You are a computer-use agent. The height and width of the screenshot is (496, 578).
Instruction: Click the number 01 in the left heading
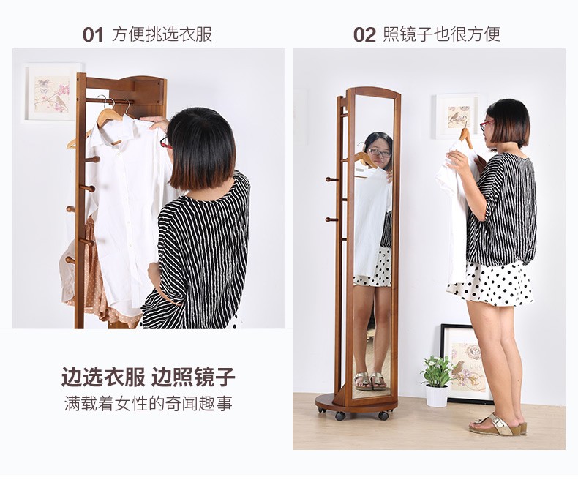tap(92, 35)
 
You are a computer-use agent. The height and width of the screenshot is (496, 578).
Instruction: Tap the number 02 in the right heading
tap(364, 35)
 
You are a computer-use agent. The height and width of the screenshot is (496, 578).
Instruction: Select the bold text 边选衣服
tap(103, 377)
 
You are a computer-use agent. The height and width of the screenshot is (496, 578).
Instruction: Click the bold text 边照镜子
tap(193, 377)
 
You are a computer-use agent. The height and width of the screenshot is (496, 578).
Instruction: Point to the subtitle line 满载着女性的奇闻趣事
tap(149, 404)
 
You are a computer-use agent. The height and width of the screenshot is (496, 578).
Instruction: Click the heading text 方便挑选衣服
tap(162, 34)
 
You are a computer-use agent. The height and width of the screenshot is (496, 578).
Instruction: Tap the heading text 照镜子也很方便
tap(442, 34)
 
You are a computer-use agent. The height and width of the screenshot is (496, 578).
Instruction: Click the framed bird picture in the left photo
tap(53, 92)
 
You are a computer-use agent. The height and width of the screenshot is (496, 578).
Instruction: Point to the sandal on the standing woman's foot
tap(498, 425)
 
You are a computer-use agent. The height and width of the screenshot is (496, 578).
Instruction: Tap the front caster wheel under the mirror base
tap(340, 416)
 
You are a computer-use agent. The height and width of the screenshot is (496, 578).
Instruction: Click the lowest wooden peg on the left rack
tap(71, 260)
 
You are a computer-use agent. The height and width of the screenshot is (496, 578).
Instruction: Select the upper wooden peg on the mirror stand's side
tap(331, 179)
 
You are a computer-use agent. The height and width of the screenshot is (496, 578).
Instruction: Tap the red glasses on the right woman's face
tap(486, 125)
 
